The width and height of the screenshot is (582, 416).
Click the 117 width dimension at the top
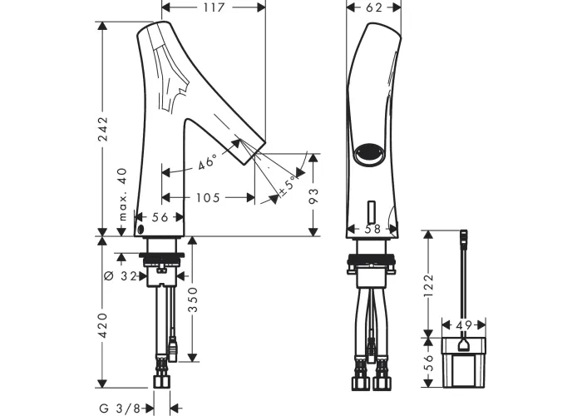[x=215, y=7]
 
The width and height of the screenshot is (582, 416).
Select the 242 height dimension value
[x=102, y=129]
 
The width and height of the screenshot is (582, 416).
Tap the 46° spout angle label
[x=207, y=163]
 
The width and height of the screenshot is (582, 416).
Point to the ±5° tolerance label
[x=289, y=186]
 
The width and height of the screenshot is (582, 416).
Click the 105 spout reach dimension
[x=208, y=198]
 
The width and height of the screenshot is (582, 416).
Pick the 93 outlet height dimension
[x=313, y=196]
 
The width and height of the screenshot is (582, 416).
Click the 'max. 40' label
[x=122, y=195]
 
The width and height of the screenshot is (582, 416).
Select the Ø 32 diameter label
[x=121, y=276]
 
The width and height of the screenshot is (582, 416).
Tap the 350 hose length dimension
[x=194, y=300]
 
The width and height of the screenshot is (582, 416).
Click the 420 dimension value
[x=102, y=325]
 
